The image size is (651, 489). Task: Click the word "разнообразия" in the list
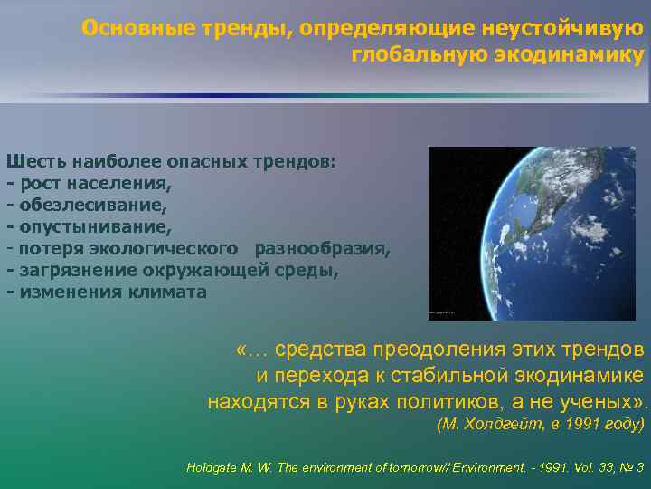point(323,248)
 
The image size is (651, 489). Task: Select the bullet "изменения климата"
point(109,292)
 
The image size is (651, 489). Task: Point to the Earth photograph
point(533,233)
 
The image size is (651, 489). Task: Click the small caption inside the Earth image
point(443,312)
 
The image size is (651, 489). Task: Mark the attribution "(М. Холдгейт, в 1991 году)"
point(540,424)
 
